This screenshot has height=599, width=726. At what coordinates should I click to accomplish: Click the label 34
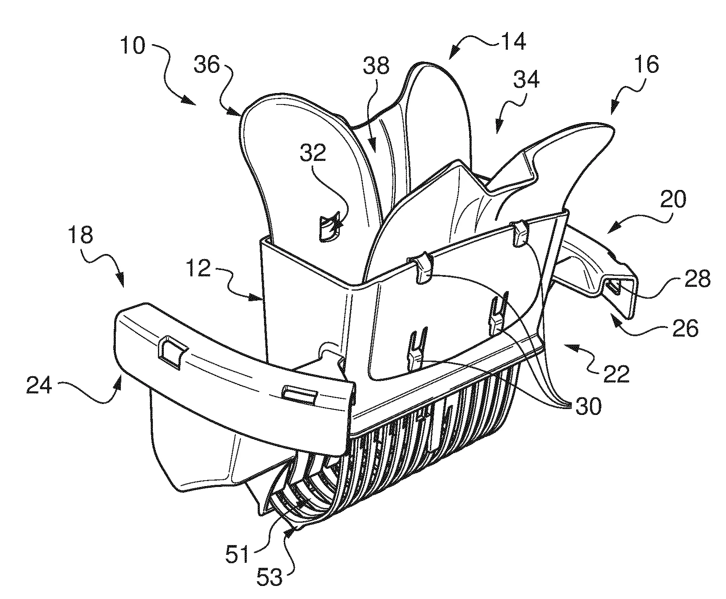pos(526,79)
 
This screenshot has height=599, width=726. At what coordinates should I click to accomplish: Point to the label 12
pos(198,270)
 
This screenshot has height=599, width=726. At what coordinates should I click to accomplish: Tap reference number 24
pos(39,385)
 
